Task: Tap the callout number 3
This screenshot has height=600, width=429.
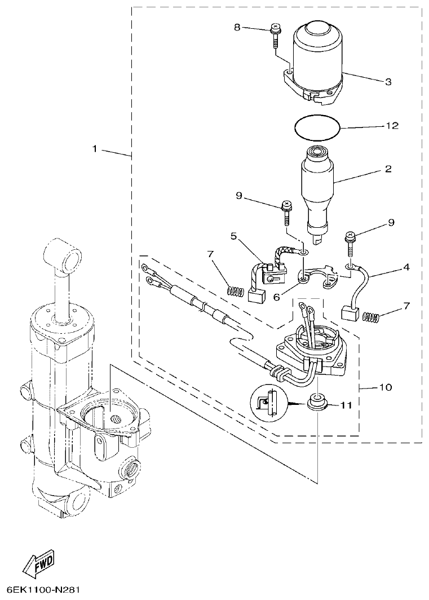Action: [x=388, y=82]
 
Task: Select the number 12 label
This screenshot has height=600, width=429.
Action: [x=391, y=126]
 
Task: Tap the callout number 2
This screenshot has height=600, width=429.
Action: [x=388, y=169]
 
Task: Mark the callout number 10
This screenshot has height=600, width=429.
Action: [x=386, y=388]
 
